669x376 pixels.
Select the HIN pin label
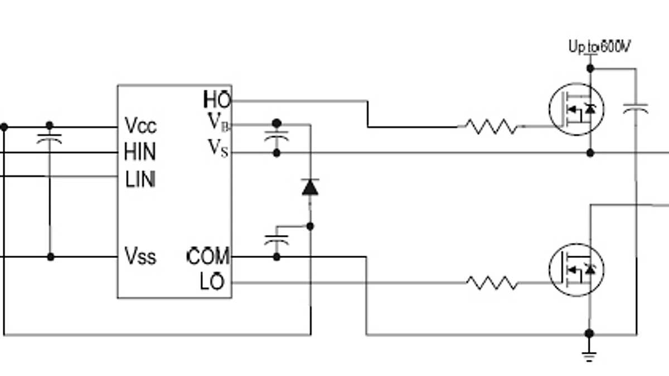tap(140, 152)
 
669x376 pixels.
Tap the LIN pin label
tap(140, 179)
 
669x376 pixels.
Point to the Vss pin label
tap(140, 257)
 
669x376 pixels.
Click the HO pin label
tap(217, 100)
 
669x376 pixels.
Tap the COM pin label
tap(209, 257)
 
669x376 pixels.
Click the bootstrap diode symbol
tap(310, 187)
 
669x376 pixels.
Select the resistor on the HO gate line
tap(491, 127)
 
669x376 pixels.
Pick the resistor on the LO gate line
tap(491, 283)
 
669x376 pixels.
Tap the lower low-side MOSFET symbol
tap(576, 270)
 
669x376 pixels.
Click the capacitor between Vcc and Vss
tap(50, 138)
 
